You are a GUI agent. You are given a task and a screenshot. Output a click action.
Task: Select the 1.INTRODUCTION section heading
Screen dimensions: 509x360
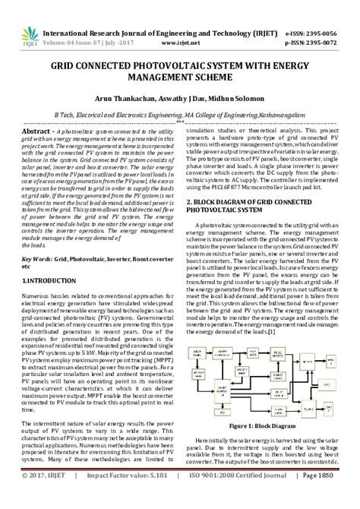50,281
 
